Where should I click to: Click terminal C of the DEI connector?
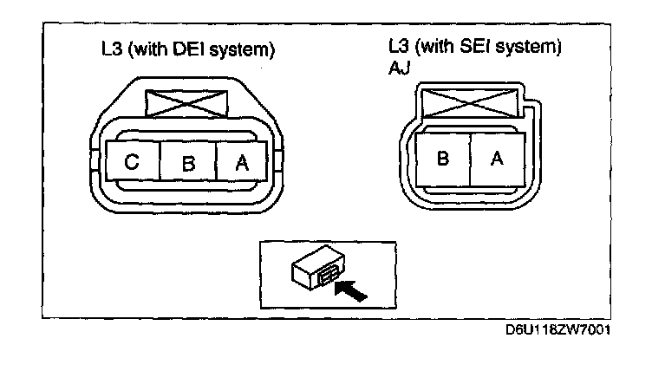(132, 163)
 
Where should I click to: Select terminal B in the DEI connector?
(187, 163)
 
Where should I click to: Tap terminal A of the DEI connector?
(241, 163)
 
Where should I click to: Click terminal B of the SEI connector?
(442, 159)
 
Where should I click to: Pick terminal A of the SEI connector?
(497, 159)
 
